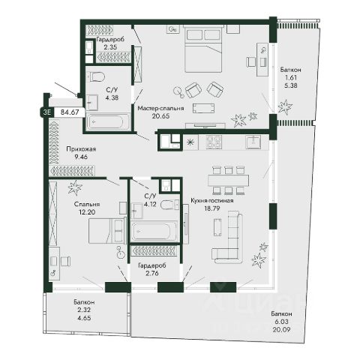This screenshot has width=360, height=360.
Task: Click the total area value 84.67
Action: click(70, 112)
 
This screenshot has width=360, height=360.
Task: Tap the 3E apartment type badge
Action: click(47, 112)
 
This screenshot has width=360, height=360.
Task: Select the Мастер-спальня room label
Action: click(160, 108)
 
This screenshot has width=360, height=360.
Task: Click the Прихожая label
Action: click(81, 149)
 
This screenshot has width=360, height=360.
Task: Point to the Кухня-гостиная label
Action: click(212, 200)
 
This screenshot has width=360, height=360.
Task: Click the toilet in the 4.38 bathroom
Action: click(96, 76)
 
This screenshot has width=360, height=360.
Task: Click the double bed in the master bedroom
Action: click(203, 49)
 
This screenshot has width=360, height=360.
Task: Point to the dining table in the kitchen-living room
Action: click(228, 180)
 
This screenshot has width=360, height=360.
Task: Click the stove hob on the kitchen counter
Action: click(213, 142)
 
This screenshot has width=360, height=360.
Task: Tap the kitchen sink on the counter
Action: click(253, 142)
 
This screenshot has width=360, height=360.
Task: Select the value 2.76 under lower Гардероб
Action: click(152, 273)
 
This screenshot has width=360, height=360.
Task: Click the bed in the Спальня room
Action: click(107, 230)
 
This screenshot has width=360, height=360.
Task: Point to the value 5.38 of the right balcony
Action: click(290, 85)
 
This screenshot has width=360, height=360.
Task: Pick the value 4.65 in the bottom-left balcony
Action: click(84, 318)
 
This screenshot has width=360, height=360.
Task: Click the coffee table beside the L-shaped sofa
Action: click(217, 227)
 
